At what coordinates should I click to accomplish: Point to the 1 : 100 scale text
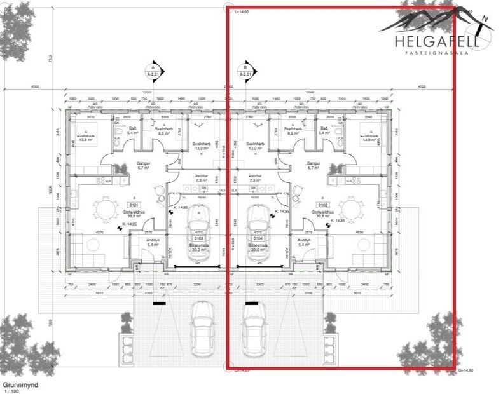coord(11,391)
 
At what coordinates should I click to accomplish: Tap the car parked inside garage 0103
coord(198,222)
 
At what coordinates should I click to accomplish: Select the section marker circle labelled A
coord(153,69)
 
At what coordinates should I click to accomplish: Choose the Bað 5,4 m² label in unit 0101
coord(132,130)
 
